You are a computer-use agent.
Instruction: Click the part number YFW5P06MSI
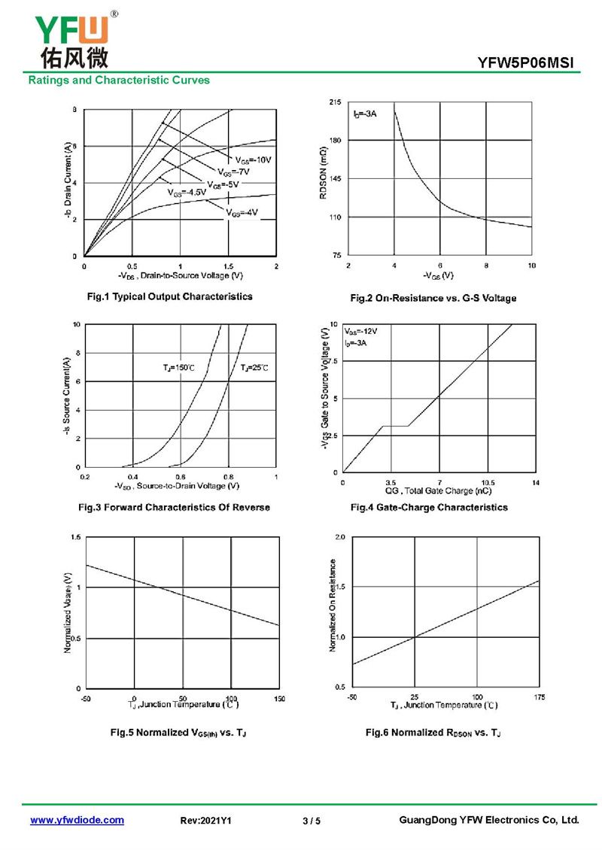pyautogui.click(x=529, y=64)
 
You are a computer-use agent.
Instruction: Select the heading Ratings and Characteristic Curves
pyautogui.click(x=119, y=80)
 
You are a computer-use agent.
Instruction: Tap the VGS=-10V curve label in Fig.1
pyautogui.click(x=252, y=160)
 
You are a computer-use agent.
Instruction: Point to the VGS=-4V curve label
pyautogui.click(x=242, y=212)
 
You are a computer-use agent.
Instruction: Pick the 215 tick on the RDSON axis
pyautogui.click(x=335, y=102)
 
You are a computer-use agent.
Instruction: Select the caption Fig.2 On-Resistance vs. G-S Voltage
pyautogui.click(x=433, y=299)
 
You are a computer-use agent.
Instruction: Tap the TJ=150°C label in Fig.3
pyautogui.click(x=178, y=368)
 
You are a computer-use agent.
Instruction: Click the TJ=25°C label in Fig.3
pyautogui.click(x=254, y=368)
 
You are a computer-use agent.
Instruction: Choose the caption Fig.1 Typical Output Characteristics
pyautogui.click(x=170, y=296)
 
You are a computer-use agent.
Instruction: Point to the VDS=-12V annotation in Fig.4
pyautogui.click(x=360, y=331)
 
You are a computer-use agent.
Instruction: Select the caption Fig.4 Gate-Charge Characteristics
pyautogui.click(x=429, y=508)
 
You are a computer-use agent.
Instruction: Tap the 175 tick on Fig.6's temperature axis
pyautogui.click(x=540, y=697)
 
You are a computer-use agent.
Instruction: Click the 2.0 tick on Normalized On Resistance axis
pyautogui.click(x=338, y=538)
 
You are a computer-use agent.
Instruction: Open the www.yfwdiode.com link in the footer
pyautogui.click(x=77, y=820)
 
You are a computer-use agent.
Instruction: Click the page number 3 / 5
pyautogui.click(x=312, y=821)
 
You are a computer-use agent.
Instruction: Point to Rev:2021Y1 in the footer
pyautogui.click(x=206, y=821)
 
